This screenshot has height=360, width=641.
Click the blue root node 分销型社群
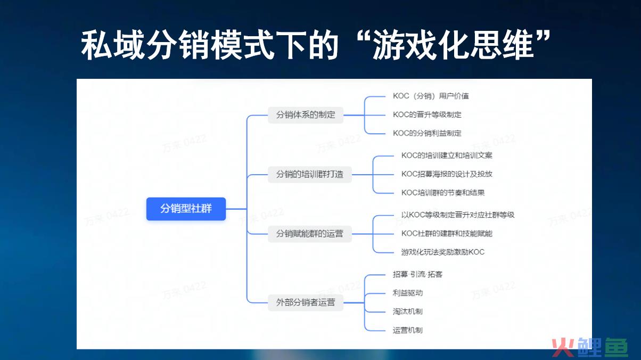186,209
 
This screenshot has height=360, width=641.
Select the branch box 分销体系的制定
306,115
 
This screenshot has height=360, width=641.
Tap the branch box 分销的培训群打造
310,174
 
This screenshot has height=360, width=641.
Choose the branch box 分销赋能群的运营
310,234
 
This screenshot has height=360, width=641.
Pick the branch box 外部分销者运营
306,302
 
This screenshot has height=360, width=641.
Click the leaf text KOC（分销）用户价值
431,96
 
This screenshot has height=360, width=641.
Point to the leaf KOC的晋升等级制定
427,114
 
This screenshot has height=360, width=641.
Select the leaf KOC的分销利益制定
427,133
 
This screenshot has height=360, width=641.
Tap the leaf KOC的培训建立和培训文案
447,156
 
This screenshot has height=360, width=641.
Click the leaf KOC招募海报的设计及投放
447,174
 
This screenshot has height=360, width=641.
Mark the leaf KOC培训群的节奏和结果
443,193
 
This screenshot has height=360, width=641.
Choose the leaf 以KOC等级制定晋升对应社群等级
458,215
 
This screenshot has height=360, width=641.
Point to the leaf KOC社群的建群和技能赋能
447,233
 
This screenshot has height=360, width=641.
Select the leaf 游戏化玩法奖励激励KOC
443,252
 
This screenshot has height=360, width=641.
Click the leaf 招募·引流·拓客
417,274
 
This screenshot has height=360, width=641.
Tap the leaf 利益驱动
408,293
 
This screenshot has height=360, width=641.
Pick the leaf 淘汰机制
408,312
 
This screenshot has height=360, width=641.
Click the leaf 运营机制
408,330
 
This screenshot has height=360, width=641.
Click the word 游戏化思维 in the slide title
453,45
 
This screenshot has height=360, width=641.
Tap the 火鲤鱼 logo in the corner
590,347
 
